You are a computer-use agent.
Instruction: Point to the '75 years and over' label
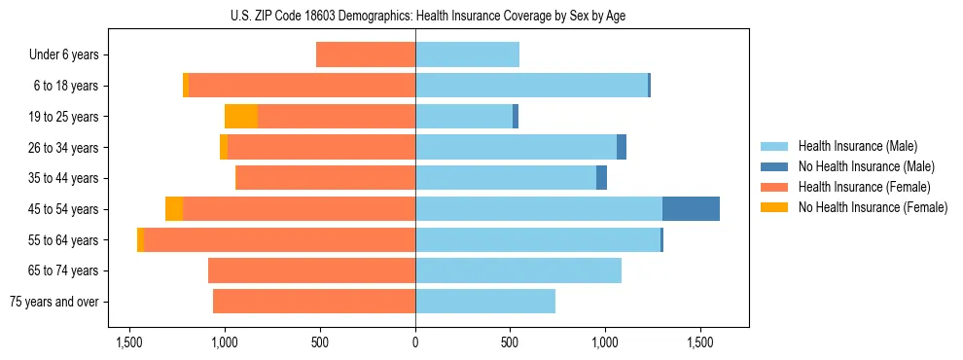[x=53, y=302]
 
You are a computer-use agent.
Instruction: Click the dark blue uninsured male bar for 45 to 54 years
[x=691, y=209]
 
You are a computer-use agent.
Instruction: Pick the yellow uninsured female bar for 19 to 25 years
[x=241, y=117]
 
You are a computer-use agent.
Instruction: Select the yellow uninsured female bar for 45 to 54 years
[x=174, y=209]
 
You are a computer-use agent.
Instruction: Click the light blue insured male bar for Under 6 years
[x=467, y=55]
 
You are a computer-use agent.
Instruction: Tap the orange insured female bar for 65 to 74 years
[x=311, y=270]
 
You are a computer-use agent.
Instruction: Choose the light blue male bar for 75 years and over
[x=485, y=302]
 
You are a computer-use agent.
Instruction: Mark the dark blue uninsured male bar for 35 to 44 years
[x=602, y=178]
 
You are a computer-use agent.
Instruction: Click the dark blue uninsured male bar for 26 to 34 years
[x=622, y=147]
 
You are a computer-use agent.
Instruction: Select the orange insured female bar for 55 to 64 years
[x=279, y=240]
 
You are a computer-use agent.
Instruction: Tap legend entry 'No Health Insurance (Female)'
[x=873, y=207]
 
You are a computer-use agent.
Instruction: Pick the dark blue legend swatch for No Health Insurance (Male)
[x=774, y=167]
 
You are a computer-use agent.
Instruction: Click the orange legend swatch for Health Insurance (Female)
[x=774, y=187]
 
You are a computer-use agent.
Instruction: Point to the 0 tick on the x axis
[x=415, y=342]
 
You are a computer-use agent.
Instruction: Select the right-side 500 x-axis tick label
[x=511, y=342]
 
